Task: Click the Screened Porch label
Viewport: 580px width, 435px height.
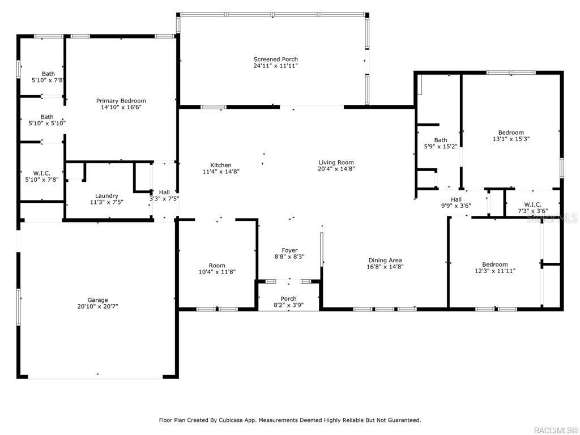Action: (x=276, y=59)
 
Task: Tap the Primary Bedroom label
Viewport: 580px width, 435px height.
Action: (x=121, y=101)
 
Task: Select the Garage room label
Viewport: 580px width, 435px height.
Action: (x=97, y=300)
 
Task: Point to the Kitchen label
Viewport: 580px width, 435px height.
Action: (x=221, y=165)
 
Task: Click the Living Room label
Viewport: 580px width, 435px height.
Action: (x=336, y=163)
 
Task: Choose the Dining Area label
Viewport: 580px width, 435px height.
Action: (x=385, y=261)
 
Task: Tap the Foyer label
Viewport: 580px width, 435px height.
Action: (x=289, y=250)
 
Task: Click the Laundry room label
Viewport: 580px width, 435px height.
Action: (x=106, y=195)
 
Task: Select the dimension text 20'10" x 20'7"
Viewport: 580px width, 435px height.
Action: (x=97, y=306)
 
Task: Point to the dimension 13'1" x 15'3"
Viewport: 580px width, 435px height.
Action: (x=511, y=139)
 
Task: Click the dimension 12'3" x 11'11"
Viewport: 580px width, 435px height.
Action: (x=495, y=271)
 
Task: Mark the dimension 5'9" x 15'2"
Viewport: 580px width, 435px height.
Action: (x=441, y=147)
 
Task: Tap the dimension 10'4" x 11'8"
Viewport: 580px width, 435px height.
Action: (x=217, y=272)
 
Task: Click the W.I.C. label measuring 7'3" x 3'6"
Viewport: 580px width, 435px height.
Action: (x=532, y=204)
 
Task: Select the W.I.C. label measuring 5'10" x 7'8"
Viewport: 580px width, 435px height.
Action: (x=42, y=173)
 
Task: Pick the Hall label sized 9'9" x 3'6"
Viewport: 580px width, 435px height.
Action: (x=456, y=199)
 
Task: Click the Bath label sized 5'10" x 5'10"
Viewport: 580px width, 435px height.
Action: (x=47, y=117)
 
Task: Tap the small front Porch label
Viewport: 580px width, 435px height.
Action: (x=288, y=298)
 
